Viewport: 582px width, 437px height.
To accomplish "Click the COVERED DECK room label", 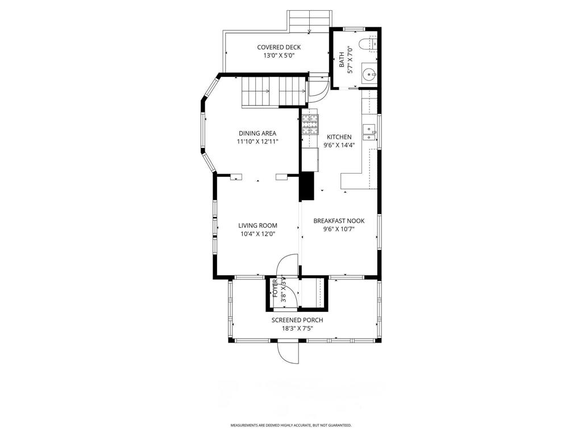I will click(278, 47).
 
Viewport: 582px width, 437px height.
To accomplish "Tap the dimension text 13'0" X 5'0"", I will click(278, 56).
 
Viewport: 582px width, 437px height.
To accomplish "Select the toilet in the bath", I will click(369, 43).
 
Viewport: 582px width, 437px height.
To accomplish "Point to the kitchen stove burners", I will click(310, 124).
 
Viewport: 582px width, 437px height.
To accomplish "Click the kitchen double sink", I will click(370, 133).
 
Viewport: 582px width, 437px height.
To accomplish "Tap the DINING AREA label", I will click(257, 133).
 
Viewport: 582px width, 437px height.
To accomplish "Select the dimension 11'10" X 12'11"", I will click(257, 142).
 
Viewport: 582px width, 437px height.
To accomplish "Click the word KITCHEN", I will click(339, 137).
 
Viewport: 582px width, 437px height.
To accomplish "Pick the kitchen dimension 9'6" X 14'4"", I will click(339, 145).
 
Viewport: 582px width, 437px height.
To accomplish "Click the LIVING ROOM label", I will click(257, 225).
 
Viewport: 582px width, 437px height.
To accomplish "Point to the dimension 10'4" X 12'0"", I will click(257, 234).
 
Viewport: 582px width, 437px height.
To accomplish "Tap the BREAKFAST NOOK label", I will click(339, 221).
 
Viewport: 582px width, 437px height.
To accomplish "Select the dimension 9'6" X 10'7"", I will click(339, 229).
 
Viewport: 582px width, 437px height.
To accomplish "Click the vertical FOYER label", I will click(276, 288).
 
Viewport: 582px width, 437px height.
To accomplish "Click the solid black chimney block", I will click(306, 186).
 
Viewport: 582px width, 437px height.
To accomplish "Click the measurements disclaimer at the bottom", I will click(291, 425).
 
